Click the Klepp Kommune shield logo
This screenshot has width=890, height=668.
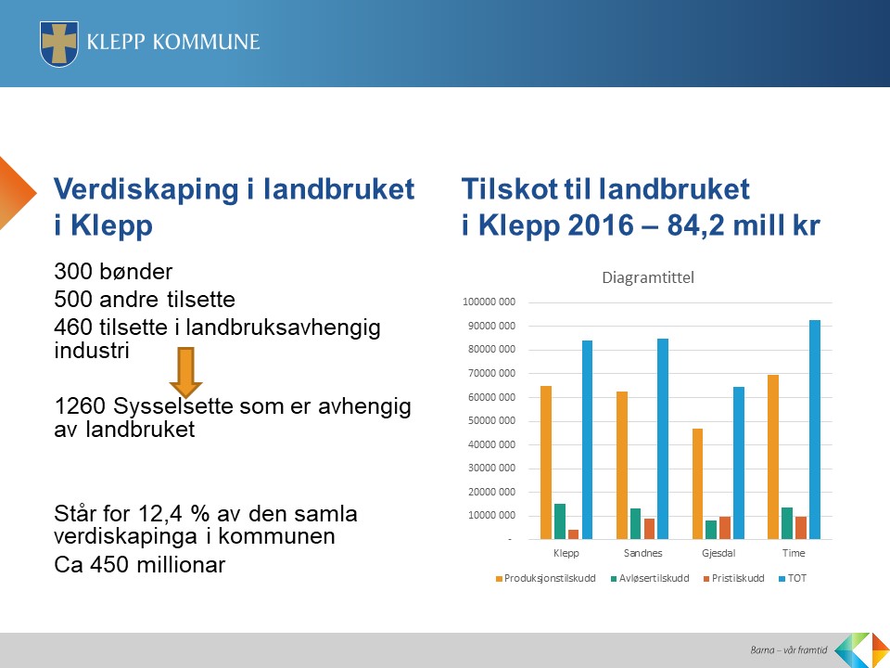[59, 44]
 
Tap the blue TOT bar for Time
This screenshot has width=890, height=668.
[815, 430]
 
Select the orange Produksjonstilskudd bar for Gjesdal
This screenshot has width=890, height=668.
[697, 484]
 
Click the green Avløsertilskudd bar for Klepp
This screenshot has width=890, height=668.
[560, 521]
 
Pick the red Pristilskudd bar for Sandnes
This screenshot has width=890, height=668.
[649, 529]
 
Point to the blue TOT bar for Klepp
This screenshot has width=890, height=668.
[587, 440]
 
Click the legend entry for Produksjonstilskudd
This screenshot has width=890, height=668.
[545, 578]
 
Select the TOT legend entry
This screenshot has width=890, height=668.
[793, 578]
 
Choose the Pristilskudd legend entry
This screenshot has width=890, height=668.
[734, 578]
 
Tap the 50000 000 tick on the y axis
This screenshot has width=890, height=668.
[491, 421]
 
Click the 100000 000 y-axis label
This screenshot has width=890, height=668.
[489, 302]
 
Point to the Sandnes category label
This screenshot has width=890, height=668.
[642, 553]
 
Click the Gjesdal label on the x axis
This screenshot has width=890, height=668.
[718, 553]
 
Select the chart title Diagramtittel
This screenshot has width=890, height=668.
[648, 277]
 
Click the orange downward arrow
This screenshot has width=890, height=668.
[185, 373]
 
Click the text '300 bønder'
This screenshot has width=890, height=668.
[113, 272]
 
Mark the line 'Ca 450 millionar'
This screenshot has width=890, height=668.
[140, 565]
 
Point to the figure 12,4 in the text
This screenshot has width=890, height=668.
[160, 514]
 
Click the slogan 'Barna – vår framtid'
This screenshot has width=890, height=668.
[788, 649]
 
